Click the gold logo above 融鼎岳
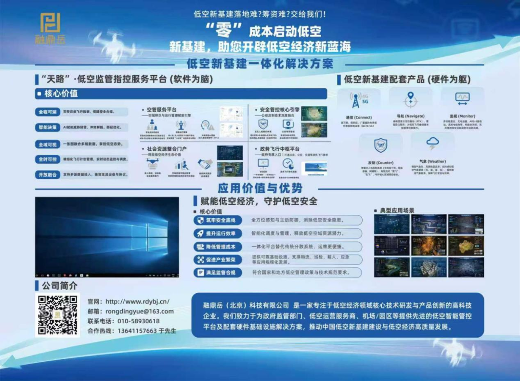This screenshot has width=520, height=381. pos(50,23)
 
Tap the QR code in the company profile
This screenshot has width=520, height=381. pos(58,315)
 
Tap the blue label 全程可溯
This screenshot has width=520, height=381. pos(48,112)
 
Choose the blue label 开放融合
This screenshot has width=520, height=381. pos(48,174)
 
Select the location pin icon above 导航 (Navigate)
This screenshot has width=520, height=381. pos(410,99)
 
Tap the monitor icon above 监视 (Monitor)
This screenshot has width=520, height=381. pos(462,98)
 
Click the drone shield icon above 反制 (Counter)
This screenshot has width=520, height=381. pos(380,145)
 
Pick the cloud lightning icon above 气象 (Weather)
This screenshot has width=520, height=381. pos(432,144)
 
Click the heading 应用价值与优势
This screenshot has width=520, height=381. pos(260,188)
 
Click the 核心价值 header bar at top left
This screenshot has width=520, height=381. pos(181,93)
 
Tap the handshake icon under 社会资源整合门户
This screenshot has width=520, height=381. pos(205,164)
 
